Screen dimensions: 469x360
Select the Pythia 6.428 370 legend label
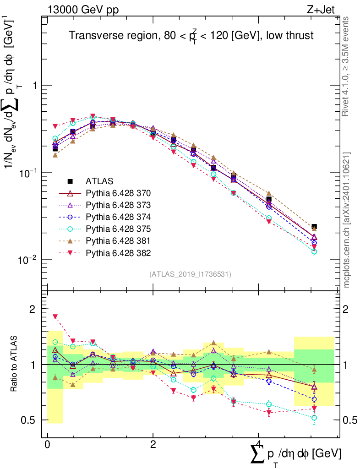pos(118,193)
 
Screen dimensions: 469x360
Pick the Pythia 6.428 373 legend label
pos(118,205)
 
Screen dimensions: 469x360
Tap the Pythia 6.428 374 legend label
pos(118,217)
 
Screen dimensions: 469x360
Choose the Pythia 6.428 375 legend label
pos(118,229)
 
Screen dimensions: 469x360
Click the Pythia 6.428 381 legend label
pos(118,240)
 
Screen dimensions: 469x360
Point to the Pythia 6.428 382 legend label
pos(118,252)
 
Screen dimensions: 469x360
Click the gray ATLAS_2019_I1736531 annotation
pos(190,274)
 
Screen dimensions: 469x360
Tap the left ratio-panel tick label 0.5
pos(31,420)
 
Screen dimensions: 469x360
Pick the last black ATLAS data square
pos(314,227)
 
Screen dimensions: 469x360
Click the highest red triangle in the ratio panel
pos(55,316)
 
